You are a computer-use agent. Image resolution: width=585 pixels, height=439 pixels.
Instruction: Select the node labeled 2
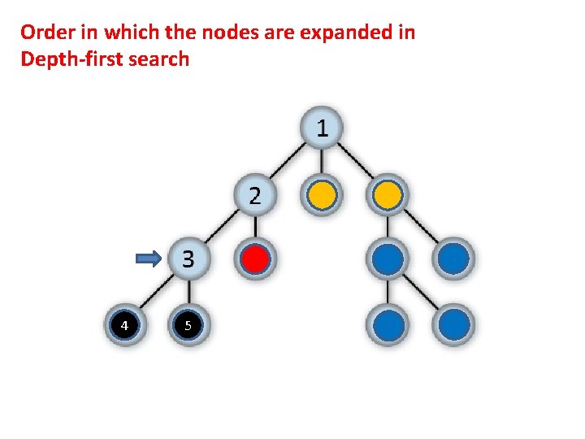[255, 195]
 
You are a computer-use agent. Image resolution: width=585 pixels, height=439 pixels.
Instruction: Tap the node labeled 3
[188, 259]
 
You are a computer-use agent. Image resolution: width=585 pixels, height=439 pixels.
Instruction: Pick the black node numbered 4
[123, 325]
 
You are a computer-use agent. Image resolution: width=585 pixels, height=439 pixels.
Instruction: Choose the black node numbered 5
[188, 325]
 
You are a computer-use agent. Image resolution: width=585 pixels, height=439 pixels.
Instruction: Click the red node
[256, 259]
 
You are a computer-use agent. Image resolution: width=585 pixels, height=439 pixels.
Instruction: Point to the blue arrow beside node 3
[149, 259]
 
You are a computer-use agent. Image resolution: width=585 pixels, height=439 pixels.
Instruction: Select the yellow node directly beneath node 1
[323, 195]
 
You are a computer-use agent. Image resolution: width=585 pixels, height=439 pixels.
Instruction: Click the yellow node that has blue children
[388, 195]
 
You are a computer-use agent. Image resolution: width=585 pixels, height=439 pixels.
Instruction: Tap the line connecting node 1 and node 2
[288, 162]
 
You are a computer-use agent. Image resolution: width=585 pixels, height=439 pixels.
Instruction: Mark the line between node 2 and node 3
[222, 228]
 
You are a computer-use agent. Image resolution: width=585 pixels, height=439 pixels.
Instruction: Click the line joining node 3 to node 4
[156, 293]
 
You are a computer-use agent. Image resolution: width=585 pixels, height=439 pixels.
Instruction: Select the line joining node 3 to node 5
[188, 293]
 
